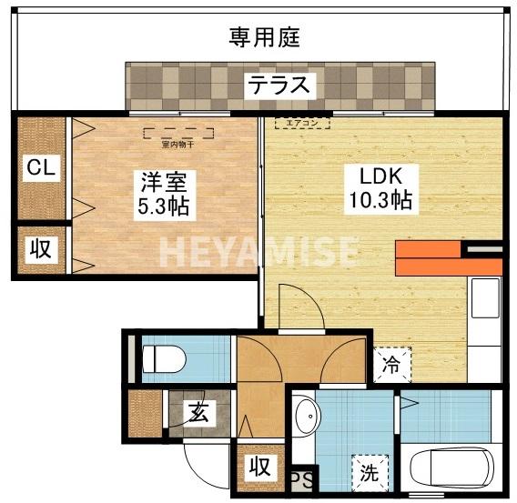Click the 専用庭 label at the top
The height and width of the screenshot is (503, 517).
click(x=264, y=38)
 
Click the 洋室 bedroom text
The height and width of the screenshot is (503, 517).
click(x=163, y=180)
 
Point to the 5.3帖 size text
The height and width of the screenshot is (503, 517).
click(x=163, y=206)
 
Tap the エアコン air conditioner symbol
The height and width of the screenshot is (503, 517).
click(x=301, y=121)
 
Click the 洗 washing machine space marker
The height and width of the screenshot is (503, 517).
click(x=369, y=473)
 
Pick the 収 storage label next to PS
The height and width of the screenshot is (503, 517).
click(x=259, y=468)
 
